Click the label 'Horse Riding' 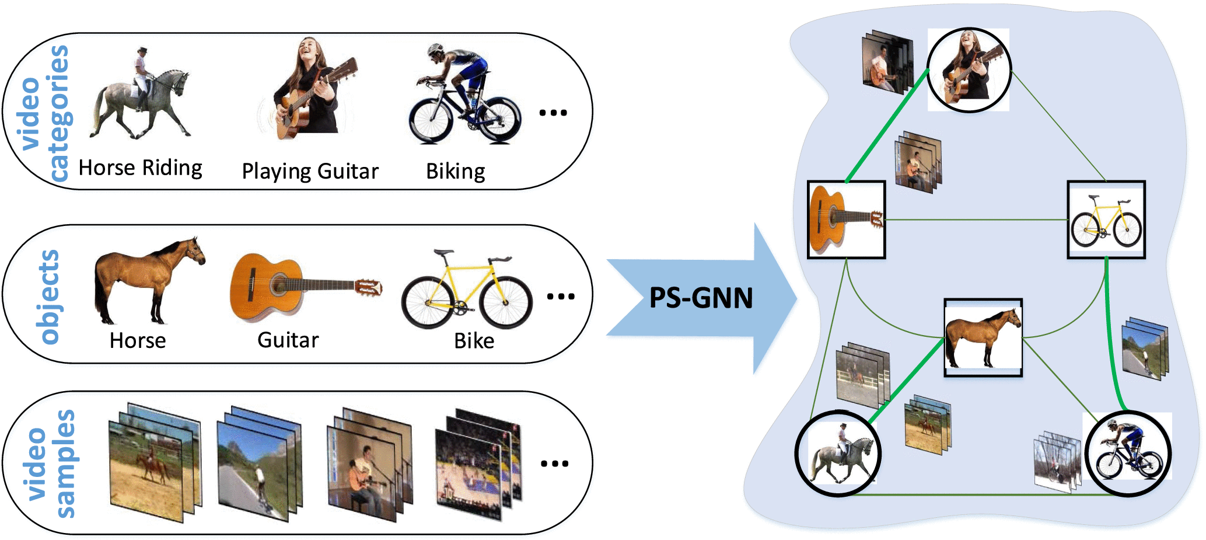point(140,168)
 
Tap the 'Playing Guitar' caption point(310,172)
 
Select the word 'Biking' point(455,172)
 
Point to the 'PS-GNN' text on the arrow point(701,298)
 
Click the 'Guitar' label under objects point(288,340)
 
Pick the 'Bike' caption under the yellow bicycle point(474,341)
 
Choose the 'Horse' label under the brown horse point(138,340)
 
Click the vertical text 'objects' point(49,297)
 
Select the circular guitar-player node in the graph point(969,70)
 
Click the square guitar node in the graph point(846,220)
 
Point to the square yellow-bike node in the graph point(1106,220)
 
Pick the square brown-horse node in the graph point(983,337)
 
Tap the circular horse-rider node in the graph point(838,454)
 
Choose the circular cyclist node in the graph point(1128,454)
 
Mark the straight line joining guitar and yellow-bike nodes point(976,220)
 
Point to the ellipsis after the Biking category point(553,113)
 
